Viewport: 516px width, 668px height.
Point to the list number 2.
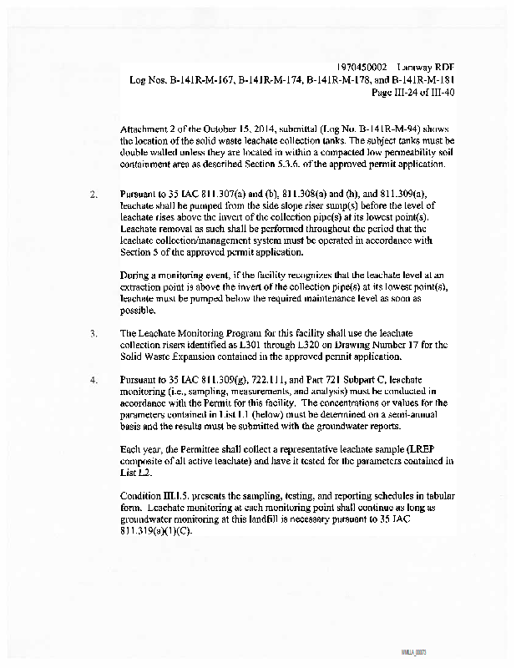(94, 195)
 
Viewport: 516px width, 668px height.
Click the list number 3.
(94, 333)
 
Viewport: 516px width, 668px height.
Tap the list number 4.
(94, 379)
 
